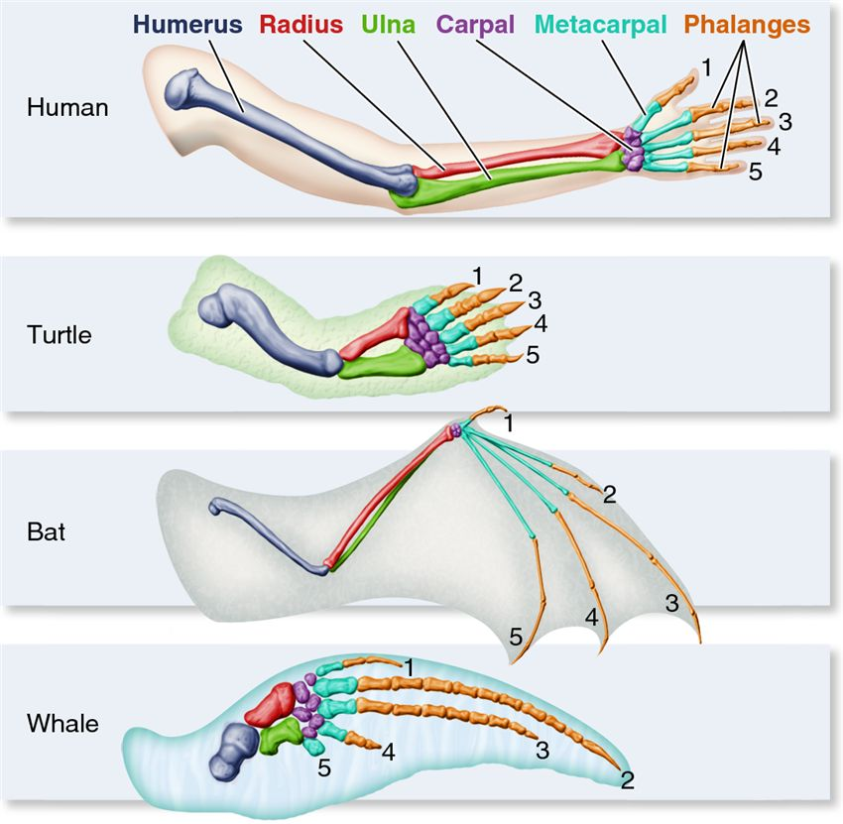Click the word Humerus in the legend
(187, 25)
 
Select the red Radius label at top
(301, 25)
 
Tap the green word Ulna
(388, 25)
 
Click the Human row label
(67, 107)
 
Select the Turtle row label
(60, 335)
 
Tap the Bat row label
(47, 532)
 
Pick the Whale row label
(62, 724)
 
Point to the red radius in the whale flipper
(271, 704)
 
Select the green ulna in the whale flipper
(279, 736)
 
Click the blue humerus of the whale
(234, 751)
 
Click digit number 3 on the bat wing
(672, 603)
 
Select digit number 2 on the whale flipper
(627, 780)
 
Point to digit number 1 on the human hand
(706, 67)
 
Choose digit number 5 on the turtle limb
(533, 355)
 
